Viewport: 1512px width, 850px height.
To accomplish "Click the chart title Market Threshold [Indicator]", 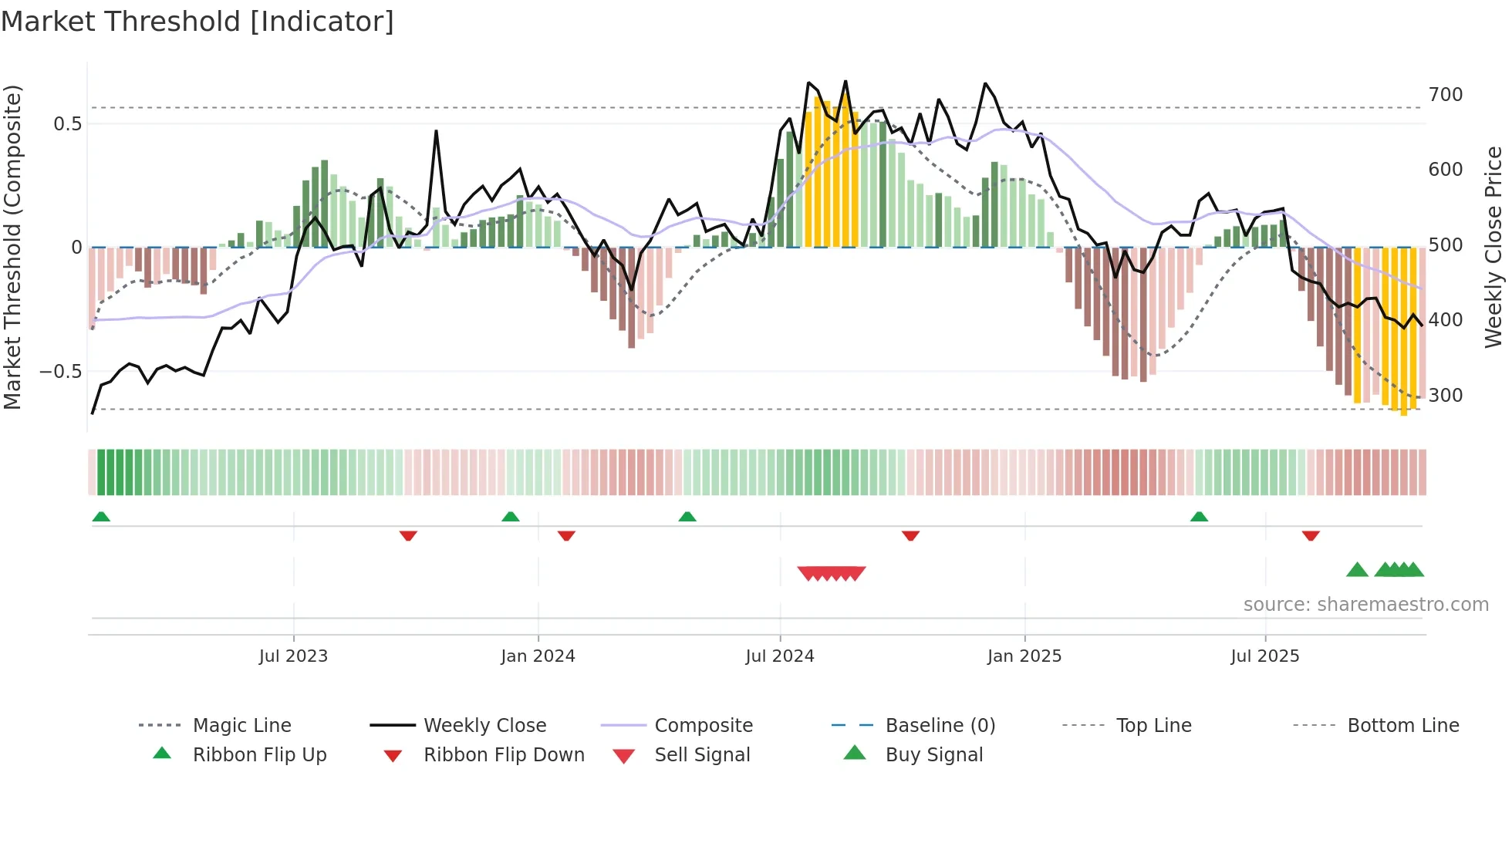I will coord(197,22).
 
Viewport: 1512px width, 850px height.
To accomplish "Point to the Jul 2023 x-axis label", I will coord(293,656).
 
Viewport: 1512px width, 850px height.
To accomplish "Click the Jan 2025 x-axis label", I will coord(1024,656).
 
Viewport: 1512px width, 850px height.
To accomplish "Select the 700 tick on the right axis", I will coord(1445,95).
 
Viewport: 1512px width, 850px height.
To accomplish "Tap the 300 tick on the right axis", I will coord(1445,396).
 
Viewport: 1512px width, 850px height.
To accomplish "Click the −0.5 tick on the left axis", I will coord(60,372).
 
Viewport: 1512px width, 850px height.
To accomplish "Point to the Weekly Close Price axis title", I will coord(1493,247).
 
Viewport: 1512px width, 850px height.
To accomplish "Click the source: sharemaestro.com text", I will coord(1365,604).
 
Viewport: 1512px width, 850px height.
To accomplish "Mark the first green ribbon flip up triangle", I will coord(101,517).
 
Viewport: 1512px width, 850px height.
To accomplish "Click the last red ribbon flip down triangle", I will coord(1311,535).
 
